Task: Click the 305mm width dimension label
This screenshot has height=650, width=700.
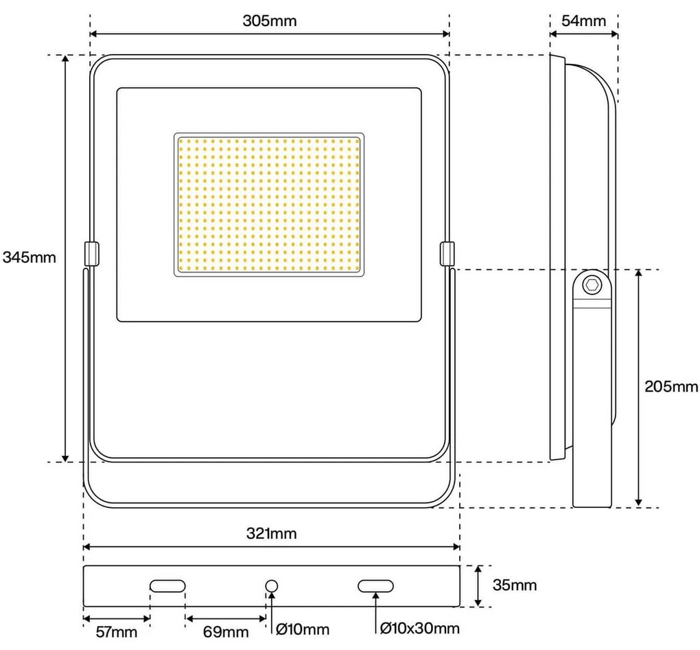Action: [x=269, y=20]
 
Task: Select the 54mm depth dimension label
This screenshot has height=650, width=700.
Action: [x=583, y=20]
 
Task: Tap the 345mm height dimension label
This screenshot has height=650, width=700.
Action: [x=29, y=257]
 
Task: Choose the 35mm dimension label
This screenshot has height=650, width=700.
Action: [x=515, y=585]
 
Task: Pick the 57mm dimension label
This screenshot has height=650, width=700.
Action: [x=115, y=631]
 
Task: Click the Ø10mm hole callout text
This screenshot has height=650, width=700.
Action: [x=302, y=629]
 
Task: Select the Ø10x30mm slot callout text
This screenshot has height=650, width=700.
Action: [x=419, y=628]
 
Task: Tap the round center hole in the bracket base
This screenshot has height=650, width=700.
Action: [x=272, y=585]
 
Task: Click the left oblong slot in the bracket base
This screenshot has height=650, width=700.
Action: [x=167, y=585]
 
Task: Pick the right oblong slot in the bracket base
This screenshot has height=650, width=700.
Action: [x=375, y=585]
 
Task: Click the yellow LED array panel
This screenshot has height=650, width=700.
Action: [x=269, y=204]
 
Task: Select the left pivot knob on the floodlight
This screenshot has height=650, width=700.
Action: [x=91, y=253]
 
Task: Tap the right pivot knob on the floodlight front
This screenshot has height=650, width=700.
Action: [x=447, y=253]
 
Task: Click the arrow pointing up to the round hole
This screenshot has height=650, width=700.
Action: [x=272, y=607]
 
